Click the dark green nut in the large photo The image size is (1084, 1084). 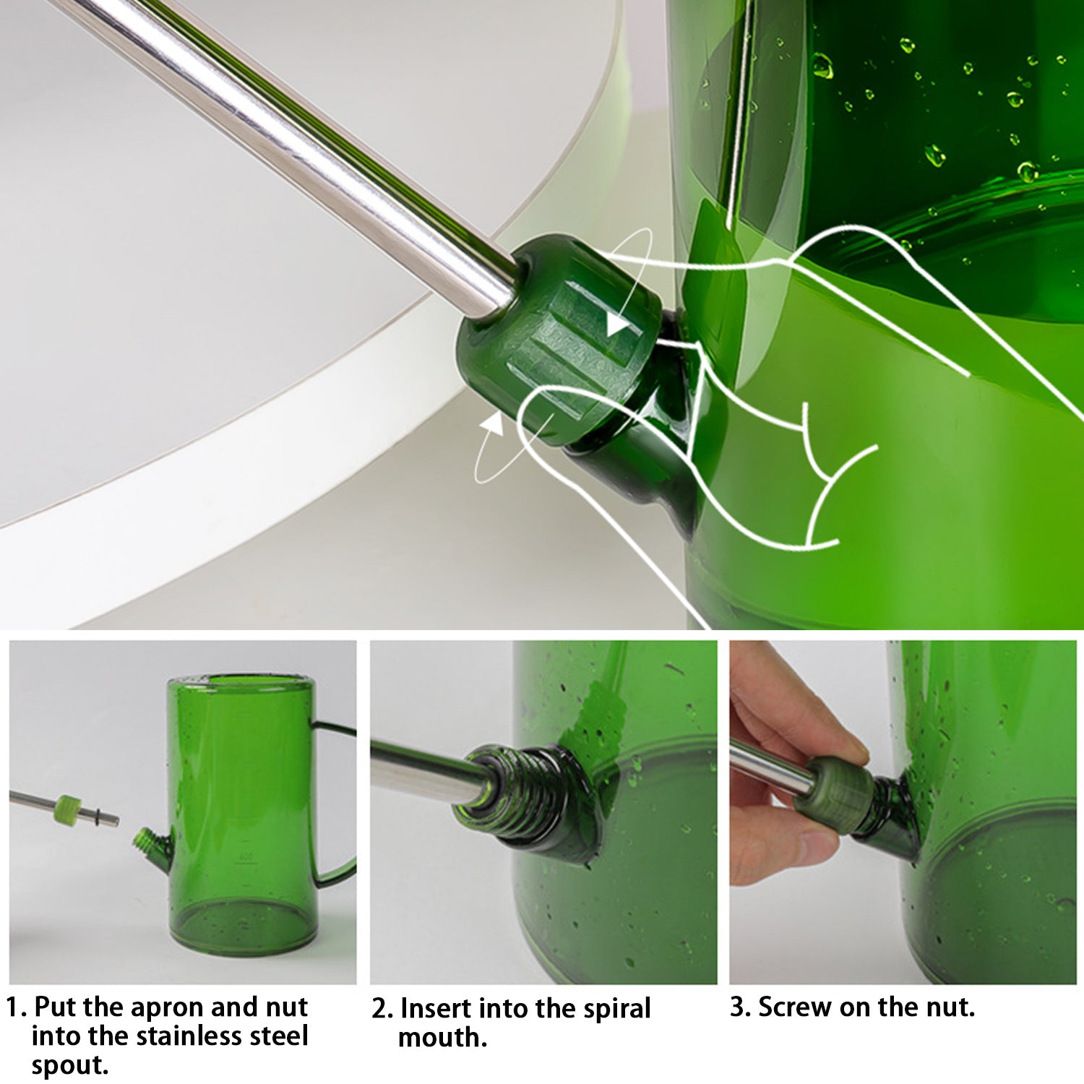(x=556, y=340)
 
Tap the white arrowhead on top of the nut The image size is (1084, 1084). (x=616, y=324)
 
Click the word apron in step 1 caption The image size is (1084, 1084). (x=168, y=1007)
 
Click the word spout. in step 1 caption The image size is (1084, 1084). (x=69, y=1065)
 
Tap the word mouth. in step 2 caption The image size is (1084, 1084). (x=442, y=1038)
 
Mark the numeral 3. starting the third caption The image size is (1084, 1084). (x=740, y=1007)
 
